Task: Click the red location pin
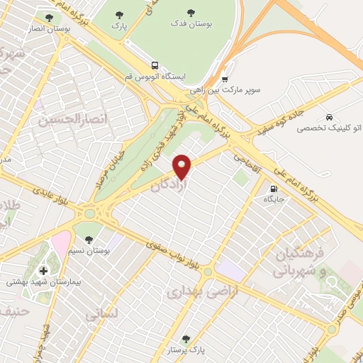point(182,167)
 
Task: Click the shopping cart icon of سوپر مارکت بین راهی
point(225,79)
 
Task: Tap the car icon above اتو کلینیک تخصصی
point(329,117)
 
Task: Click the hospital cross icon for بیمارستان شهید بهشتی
point(44,270)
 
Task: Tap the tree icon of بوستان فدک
point(191,13)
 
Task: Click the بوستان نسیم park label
point(89,250)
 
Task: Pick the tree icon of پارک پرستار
point(186,339)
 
